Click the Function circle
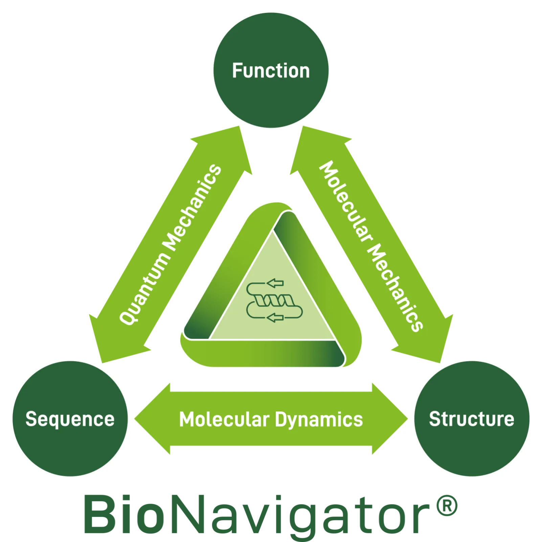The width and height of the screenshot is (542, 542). pyautogui.click(x=271, y=70)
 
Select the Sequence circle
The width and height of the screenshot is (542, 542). pyautogui.click(x=70, y=419)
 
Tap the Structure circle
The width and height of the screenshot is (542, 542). pyautogui.click(x=471, y=419)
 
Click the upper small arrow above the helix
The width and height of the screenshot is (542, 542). pyautogui.click(x=275, y=282)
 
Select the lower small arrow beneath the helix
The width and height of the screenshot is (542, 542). pyautogui.click(x=275, y=317)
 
